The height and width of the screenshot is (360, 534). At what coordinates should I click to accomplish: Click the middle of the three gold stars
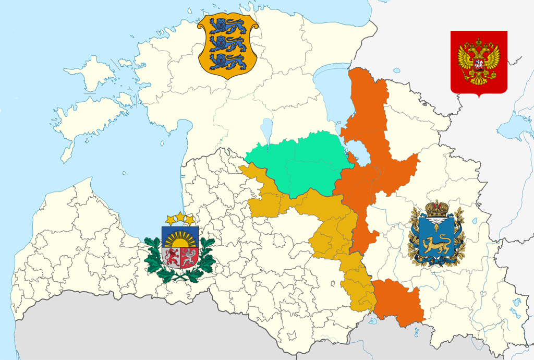click(180, 215)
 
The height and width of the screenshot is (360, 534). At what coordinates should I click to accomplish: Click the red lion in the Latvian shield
click(172, 257)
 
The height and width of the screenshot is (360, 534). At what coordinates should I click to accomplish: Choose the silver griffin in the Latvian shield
click(188, 257)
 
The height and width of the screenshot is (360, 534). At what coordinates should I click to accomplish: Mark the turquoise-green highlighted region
click(295, 164)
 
